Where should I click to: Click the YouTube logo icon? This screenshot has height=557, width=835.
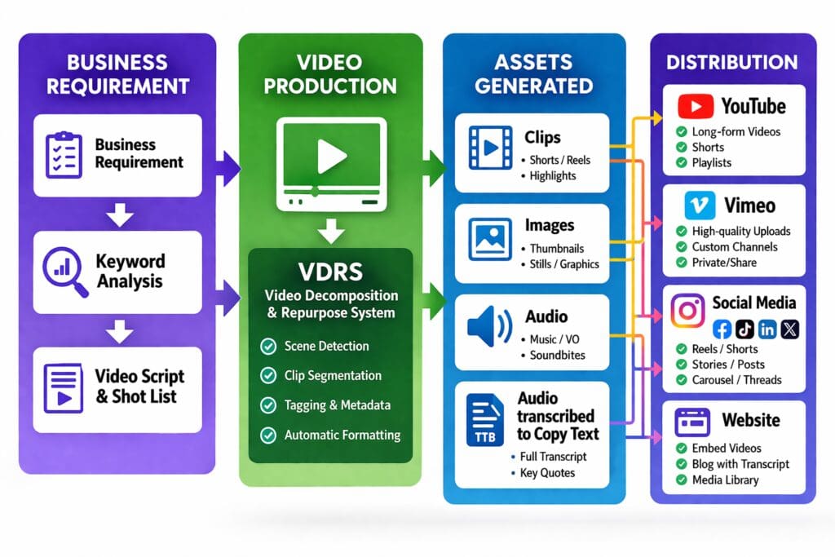tap(695, 107)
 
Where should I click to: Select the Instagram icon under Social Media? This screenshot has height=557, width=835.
tap(687, 311)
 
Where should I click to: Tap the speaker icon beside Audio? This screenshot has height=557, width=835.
tap(488, 326)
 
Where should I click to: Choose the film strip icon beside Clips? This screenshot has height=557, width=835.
tap(488, 147)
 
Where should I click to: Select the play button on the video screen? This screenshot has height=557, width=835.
tap(329, 157)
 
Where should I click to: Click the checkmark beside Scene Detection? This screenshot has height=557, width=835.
tap(267, 347)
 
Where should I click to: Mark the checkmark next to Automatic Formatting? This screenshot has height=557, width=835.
tap(267, 435)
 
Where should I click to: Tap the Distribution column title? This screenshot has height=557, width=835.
tap(731, 62)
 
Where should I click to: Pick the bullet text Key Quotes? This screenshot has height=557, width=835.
tap(548, 473)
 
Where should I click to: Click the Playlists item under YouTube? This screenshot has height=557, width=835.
tap(711, 162)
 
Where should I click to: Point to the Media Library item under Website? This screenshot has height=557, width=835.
tap(725, 480)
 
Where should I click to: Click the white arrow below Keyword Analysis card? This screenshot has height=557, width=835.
tap(121, 331)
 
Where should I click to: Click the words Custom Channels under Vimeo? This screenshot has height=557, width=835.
tap(734, 246)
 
